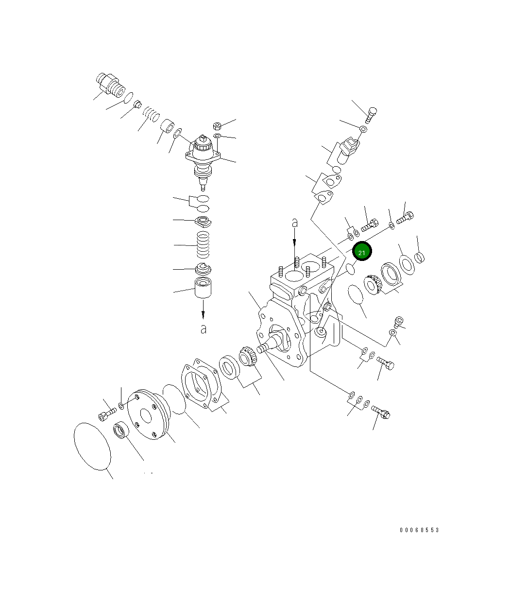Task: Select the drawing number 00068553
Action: (419, 530)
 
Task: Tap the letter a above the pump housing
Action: (294, 223)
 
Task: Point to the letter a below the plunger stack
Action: (203, 329)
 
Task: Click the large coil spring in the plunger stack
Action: (203, 245)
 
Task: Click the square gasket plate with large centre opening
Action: (202, 384)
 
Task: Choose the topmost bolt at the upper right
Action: (371, 114)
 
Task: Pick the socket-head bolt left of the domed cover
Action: (106, 414)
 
